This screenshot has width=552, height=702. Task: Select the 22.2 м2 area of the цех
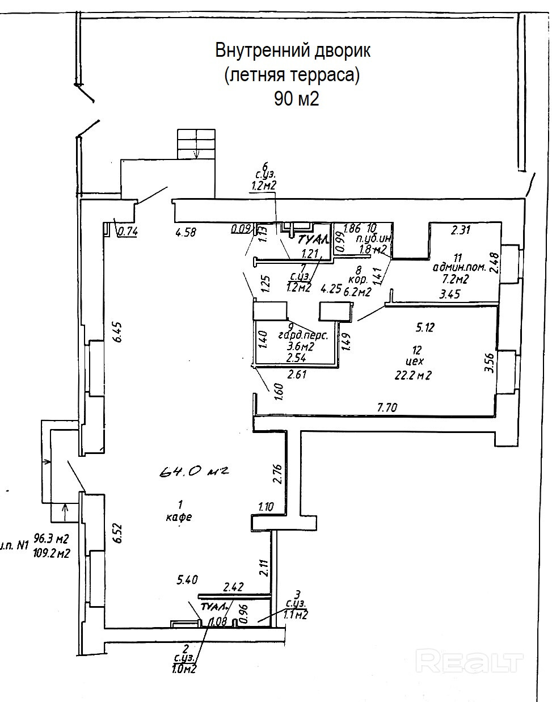click(x=414, y=375)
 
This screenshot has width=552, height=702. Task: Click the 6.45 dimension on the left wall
click(x=117, y=330)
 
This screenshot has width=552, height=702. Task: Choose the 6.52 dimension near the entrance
click(x=118, y=533)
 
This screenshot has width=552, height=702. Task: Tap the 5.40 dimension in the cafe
click(x=187, y=579)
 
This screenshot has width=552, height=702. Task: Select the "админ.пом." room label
click(x=459, y=267)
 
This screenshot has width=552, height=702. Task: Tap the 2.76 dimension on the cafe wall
click(x=277, y=473)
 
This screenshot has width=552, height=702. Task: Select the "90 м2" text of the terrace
click(x=296, y=99)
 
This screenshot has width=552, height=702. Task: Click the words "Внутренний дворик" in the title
click(x=293, y=51)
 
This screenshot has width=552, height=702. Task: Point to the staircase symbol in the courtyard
click(x=196, y=144)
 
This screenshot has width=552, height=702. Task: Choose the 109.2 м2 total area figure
click(x=52, y=553)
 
